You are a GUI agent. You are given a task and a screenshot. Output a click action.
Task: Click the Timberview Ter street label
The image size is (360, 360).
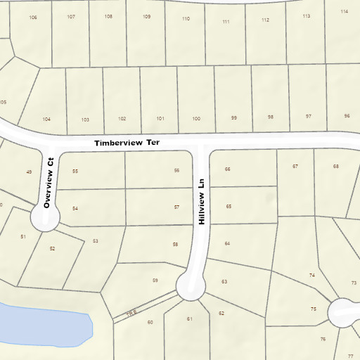[127, 143]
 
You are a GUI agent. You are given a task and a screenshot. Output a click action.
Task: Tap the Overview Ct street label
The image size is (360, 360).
[49, 182]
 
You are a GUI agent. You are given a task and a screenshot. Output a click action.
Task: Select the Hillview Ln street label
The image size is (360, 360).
[202, 200]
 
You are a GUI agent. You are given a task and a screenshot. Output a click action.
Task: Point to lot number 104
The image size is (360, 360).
[46, 120]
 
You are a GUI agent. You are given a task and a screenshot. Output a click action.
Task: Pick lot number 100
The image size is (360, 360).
[195, 119]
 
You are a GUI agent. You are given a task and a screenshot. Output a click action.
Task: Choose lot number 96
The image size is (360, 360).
[347, 116]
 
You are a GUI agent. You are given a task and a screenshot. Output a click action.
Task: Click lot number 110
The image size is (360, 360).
[186, 19]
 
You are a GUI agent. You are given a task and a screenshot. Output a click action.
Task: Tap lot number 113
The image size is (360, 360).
[307, 15]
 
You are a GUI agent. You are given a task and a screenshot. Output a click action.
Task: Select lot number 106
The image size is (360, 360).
[33, 17]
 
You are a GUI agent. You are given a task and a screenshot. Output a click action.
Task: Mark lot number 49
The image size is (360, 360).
[29, 172]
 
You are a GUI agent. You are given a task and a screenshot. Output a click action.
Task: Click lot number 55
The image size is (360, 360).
[75, 172]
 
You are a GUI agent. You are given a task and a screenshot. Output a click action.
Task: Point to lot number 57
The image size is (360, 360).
[177, 207]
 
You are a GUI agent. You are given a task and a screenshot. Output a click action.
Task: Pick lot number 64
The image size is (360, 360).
[227, 243]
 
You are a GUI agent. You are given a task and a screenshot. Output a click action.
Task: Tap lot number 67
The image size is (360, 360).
[295, 166]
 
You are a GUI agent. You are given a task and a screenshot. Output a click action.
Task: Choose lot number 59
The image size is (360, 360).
[155, 281]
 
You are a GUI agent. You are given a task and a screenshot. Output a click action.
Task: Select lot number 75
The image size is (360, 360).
[313, 309]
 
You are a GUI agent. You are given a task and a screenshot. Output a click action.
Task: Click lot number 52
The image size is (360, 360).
[52, 249]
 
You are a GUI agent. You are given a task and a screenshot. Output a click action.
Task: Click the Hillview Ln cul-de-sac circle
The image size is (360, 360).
[191, 286]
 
